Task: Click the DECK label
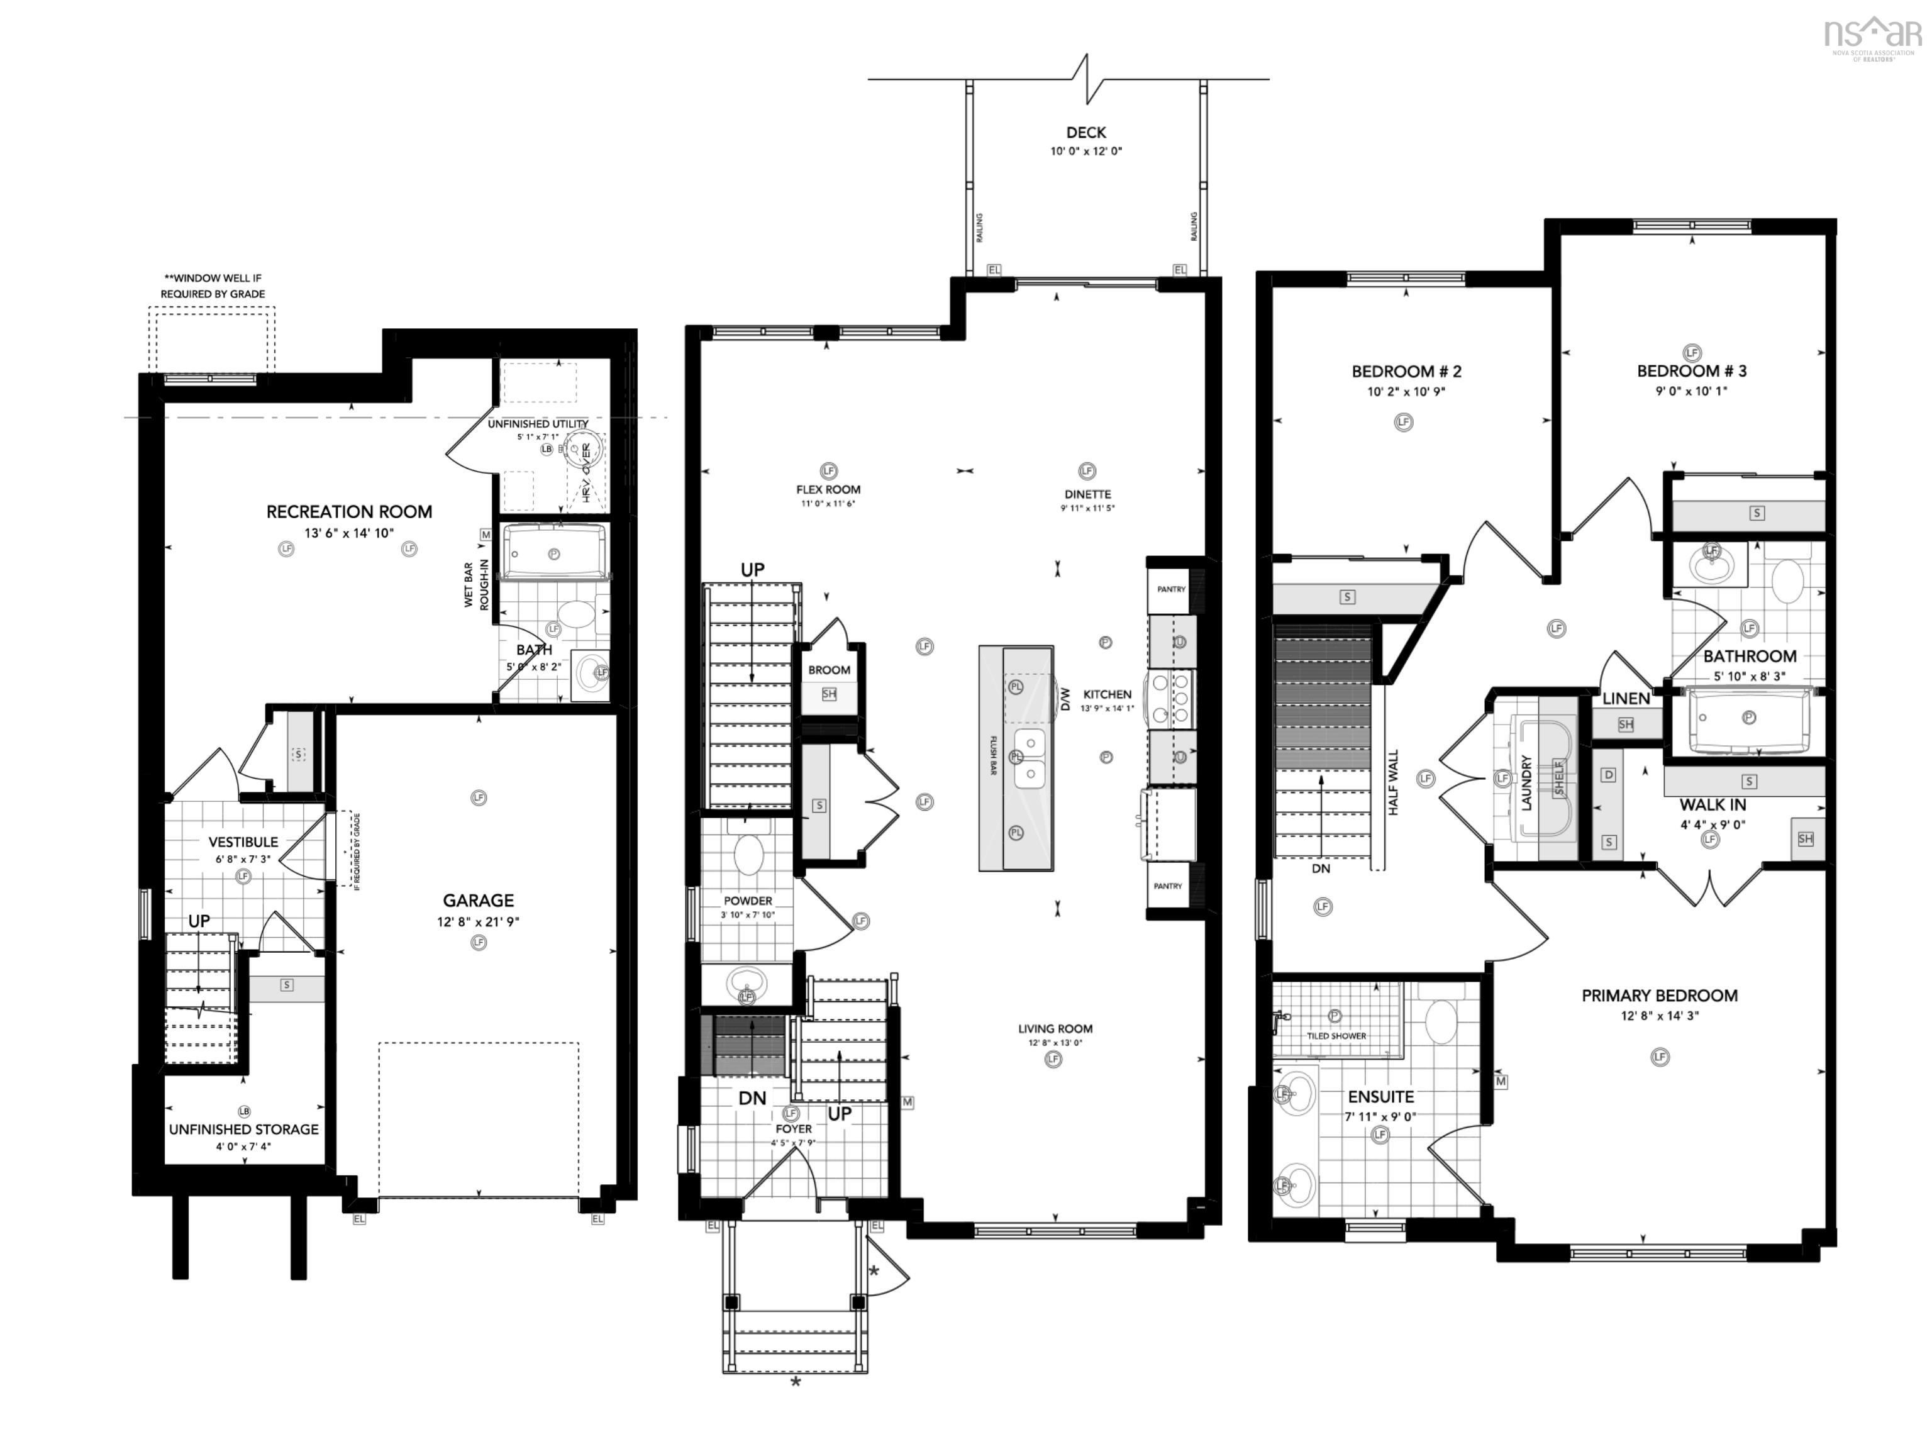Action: [x=1085, y=133]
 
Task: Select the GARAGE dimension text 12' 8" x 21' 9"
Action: [x=478, y=921]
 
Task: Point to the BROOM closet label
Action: [x=829, y=670]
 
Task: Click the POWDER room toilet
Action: [x=748, y=853]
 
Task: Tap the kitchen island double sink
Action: [x=1030, y=758]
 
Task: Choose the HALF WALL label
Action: [x=1393, y=782]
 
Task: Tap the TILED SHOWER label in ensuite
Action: [x=1336, y=1036]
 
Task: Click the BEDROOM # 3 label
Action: [x=1691, y=371]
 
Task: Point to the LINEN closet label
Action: [x=1626, y=699]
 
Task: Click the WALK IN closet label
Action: [x=1712, y=805]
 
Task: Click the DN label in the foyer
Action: [x=752, y=1099]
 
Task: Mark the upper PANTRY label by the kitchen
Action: [x=1170, y=589]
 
